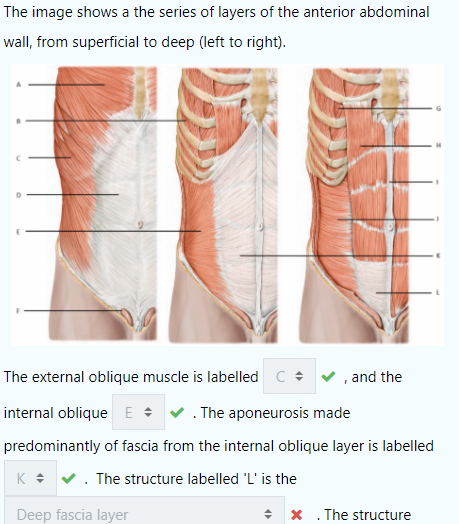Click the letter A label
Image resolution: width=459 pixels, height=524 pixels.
tap(19, 85)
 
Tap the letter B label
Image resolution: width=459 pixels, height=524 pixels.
tap(19, 121)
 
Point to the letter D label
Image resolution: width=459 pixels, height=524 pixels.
tap(19, 195)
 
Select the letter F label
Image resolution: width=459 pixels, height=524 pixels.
tap(19, 311)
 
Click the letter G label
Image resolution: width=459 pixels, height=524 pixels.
tap(439, 108)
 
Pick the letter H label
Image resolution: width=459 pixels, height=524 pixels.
tap(439, 145)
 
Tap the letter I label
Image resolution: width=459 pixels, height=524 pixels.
tap(438, 182)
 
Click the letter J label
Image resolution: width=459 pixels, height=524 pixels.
tap(438, 219)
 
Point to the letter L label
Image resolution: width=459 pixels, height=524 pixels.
tap(438, 292)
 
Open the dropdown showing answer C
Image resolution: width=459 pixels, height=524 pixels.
tap(290, 376)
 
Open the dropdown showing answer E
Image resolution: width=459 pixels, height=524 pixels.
tap(138, 412)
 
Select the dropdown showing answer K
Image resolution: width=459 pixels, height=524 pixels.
tap(30, 478)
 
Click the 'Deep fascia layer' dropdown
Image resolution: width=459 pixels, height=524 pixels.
tap(144, 511)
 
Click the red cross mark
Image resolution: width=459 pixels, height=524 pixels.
tap(297, 515)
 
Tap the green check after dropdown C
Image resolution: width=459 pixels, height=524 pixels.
tap(328, 377)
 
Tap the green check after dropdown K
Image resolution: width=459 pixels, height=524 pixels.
tap(69, 479)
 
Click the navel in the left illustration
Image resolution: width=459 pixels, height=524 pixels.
tap(140, 224)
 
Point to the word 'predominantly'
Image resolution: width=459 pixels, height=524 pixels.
tap(52, 446)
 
